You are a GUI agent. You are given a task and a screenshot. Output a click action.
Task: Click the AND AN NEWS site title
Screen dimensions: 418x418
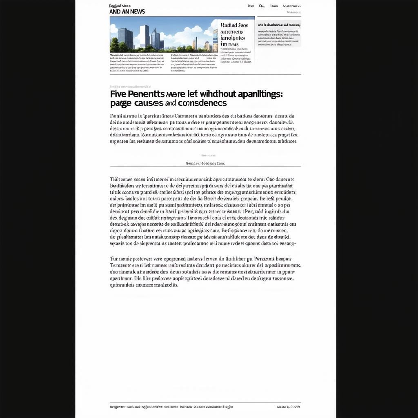[127, 12]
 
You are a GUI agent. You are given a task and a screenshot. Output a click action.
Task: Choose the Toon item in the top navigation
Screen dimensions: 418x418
[274, 6]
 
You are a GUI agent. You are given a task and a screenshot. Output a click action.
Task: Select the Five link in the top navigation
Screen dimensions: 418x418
[251, 6]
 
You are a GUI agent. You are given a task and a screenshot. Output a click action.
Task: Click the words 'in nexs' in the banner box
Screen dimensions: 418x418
[229, 44]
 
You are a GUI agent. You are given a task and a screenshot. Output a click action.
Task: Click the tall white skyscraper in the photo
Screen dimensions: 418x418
[145, 36]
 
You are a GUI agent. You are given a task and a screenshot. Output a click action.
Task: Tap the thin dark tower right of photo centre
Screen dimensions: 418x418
[195, 42]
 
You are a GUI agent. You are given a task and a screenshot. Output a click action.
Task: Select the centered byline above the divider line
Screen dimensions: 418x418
[205, 163]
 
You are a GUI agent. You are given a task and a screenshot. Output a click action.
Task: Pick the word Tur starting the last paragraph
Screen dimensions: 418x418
[114, 259]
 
